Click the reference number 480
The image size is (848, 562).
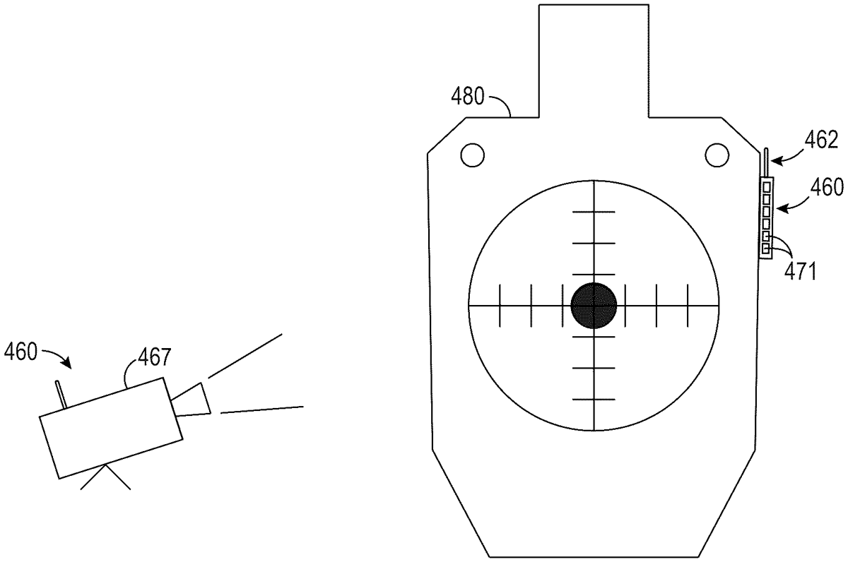click(468, 96)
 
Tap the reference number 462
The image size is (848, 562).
click(821, 140)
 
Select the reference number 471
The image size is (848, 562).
click(800, 271)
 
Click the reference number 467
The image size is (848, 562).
click(155, 357)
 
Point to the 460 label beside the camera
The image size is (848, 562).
click(20, 352)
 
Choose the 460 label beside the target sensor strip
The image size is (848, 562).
click(827, 188)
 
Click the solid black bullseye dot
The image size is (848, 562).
click(594, 305)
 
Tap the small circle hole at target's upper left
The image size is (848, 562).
click(473, 155)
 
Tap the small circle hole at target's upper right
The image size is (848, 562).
click(717, 155)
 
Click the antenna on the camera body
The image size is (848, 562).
click(61, 394)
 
